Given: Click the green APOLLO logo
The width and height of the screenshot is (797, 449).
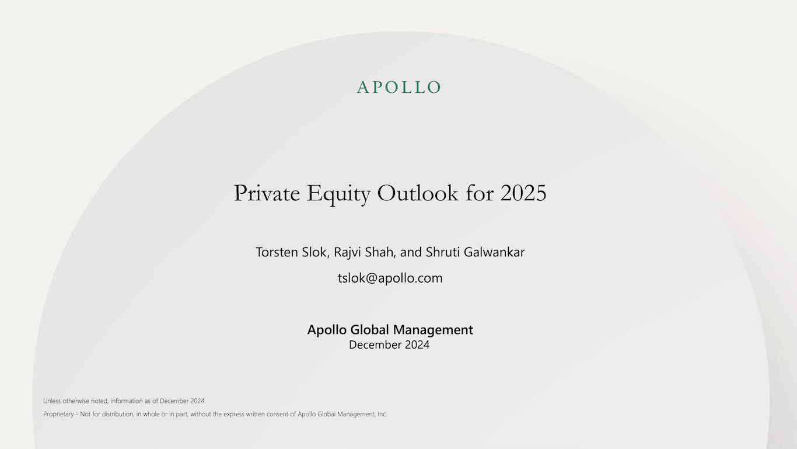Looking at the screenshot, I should (x=398, y=88).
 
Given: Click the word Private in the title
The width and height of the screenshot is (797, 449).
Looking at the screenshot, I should (x=267, y=193).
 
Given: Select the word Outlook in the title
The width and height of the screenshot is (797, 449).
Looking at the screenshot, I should (x=418, y=193).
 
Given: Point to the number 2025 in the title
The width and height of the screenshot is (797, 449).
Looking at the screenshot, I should (x=523, y=193).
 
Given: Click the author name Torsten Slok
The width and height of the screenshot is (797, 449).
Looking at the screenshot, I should (x=293, y=252).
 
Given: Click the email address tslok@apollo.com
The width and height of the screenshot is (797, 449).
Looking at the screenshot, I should (x=390, y=278).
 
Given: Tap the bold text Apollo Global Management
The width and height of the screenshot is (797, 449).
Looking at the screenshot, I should (x=390, y=330).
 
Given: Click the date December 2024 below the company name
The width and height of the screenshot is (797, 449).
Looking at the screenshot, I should (x=389, y=345).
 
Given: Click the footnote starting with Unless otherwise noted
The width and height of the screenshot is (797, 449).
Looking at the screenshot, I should (x=124, y=401).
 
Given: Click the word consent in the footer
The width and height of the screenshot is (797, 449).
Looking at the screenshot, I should (x=279, y=415).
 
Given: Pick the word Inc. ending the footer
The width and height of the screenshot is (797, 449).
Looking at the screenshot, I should (x=382, y=415).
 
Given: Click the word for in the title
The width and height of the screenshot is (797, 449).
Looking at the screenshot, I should (x=480, y=193).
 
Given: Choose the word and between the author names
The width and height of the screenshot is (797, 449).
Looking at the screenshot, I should (x=411, y=252).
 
